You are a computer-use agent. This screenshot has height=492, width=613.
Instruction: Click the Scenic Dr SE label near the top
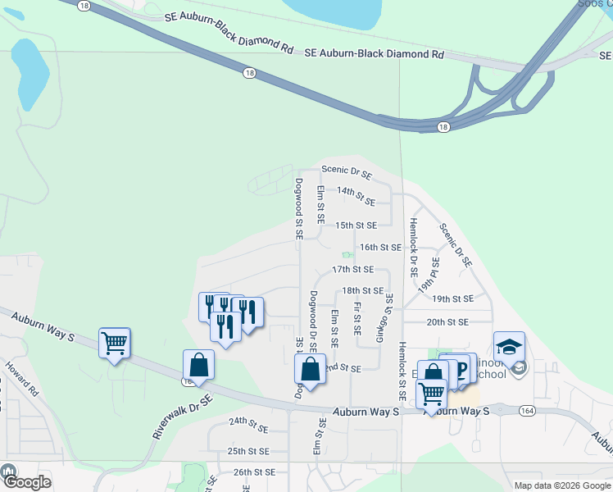coord(347,175)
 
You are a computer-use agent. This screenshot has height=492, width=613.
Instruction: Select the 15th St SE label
coord(356,225)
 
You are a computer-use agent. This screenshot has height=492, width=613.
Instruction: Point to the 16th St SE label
coord(381,247)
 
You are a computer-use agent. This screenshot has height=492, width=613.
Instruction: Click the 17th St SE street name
coord(353,269)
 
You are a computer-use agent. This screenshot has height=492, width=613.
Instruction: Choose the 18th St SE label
coord(363,290)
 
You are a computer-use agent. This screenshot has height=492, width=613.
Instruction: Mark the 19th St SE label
coord(453,299)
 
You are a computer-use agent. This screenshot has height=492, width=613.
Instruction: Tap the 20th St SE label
coord(447,322)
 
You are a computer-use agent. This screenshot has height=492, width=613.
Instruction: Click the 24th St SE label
coord(248,428)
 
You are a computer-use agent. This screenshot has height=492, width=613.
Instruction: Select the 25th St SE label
coord(248,451)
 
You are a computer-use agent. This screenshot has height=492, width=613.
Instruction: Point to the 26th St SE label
coord(254,472)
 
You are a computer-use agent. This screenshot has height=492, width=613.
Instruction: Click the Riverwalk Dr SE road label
coord(182,417)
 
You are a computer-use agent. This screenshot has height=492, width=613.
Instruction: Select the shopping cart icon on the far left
coord(114,343)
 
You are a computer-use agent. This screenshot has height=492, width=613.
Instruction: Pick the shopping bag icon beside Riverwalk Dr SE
coord(198,365)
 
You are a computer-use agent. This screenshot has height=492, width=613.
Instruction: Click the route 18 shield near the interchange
coord(443,127)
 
